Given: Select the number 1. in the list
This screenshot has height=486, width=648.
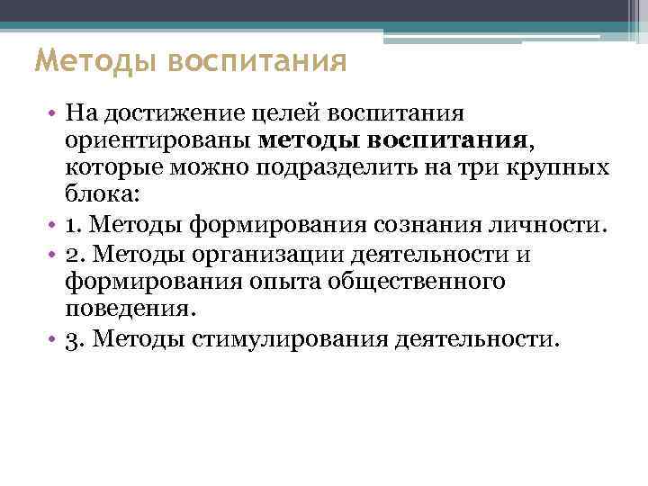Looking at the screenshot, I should pyautogui.click(x=76, y=223).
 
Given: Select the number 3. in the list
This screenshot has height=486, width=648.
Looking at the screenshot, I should pyautogui.click(x=76, y=338).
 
